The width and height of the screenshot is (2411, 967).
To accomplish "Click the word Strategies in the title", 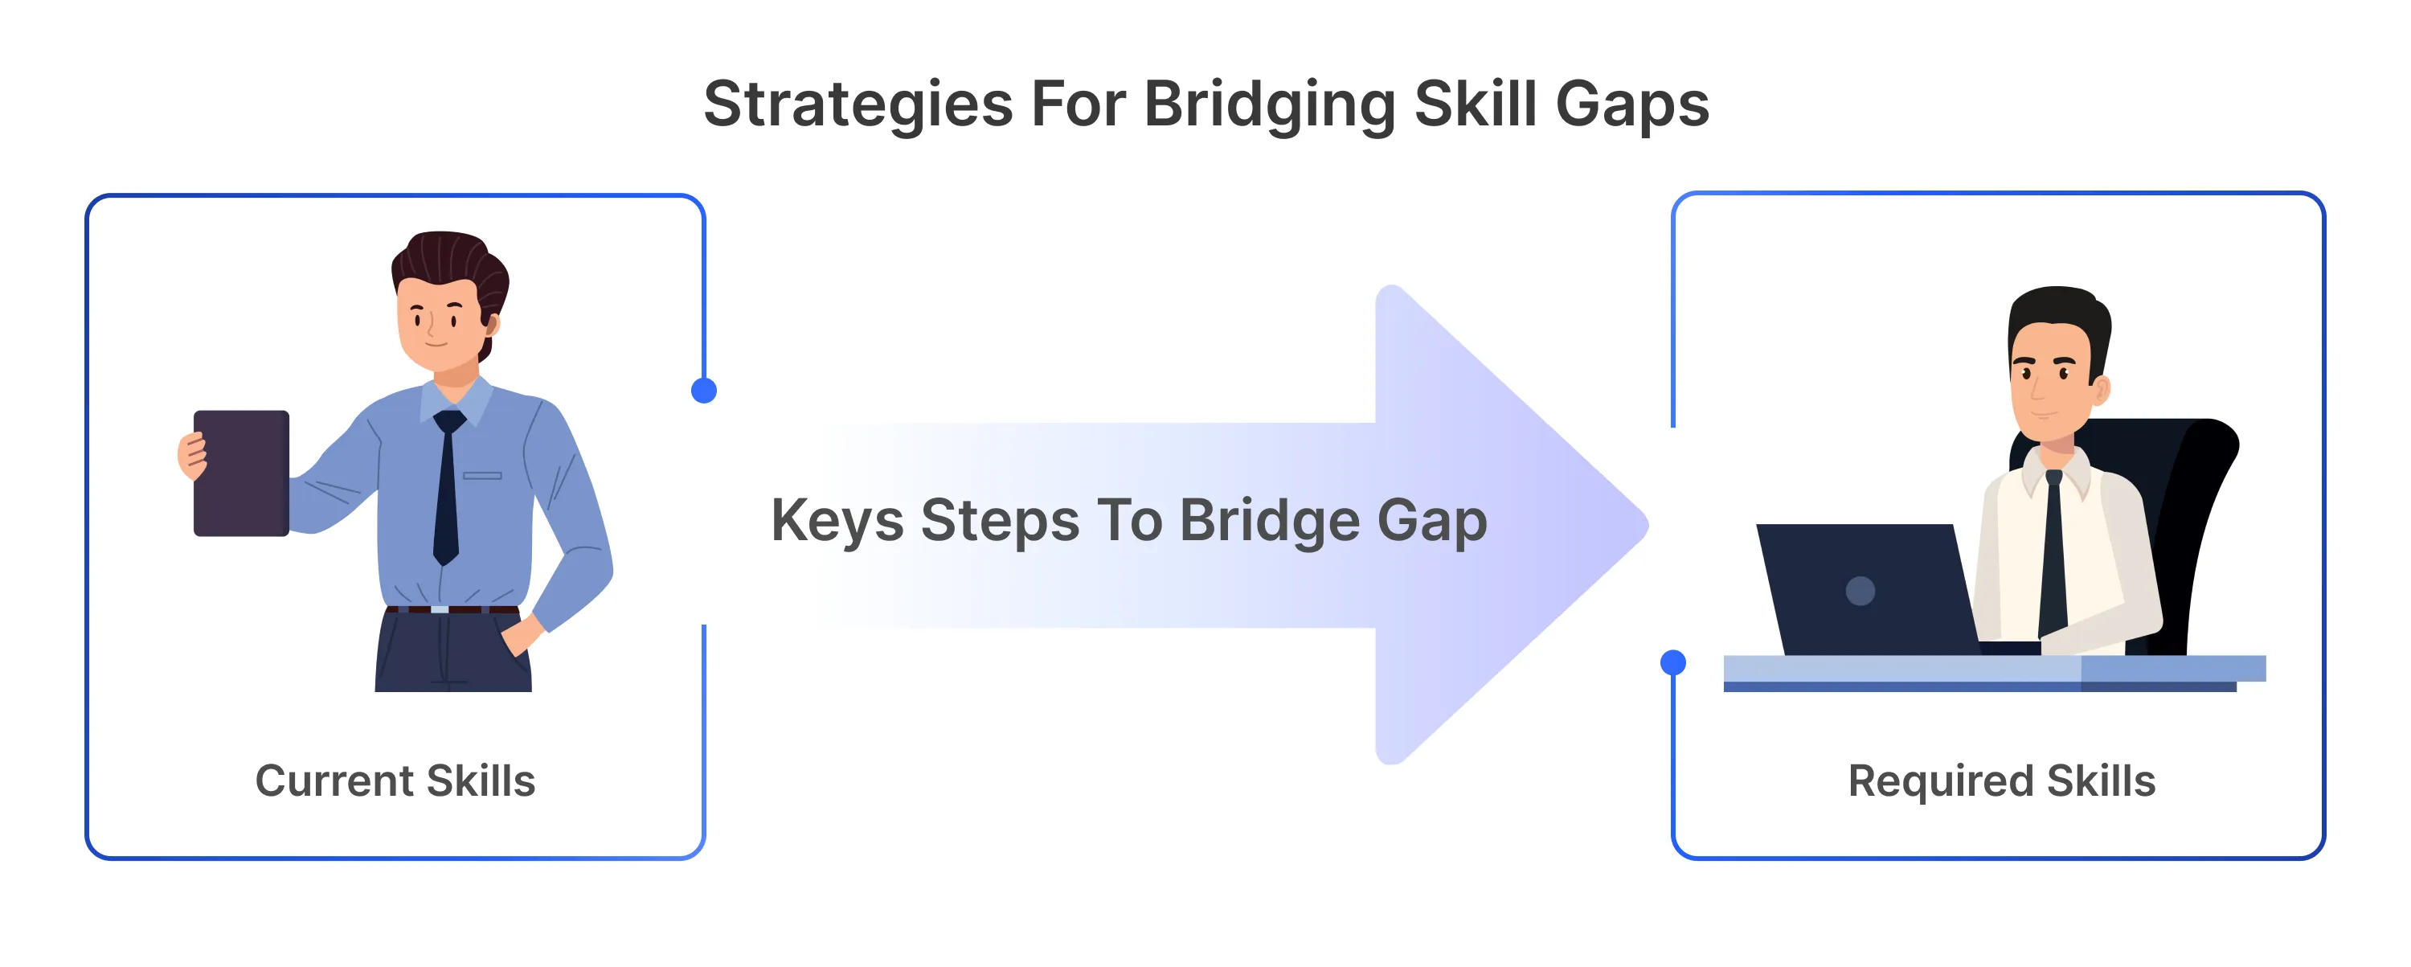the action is pyautogui.click(x=858, y=104).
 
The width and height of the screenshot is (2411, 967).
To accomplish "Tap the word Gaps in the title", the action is pyautogui.click(x=1632, y=104).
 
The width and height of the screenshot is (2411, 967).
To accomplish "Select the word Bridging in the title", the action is pyautogui.click(x=1270, y=104).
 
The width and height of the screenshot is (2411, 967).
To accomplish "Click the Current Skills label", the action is pyautogui.click(x=395, y=781).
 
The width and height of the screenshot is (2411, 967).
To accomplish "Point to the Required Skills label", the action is pyautogui.click(x=2001, y=781).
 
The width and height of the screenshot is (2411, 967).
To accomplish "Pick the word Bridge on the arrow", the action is pyautogui.click(x=1269, y=522).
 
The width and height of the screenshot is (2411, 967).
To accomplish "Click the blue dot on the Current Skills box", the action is pyautogui.click(x=704, y=391).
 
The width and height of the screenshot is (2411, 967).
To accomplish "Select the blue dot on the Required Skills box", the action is pyautogui.click(x=1673, y=663).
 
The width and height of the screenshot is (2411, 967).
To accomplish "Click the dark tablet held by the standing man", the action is pyautogui.click(x=241, y=473).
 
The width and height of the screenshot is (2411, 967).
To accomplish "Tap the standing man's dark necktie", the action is pyautogui.click(x=448, y=487).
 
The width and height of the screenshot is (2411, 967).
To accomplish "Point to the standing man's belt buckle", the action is pyautogui.click(x=439, y=609).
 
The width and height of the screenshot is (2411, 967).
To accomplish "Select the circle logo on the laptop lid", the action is pyautogui.click(x=1860, y=591).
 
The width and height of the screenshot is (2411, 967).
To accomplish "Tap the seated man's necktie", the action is pyautogui.click(x=2053, y=552).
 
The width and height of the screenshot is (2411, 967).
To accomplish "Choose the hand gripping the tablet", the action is pyautogui.click(x=192, y=455).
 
